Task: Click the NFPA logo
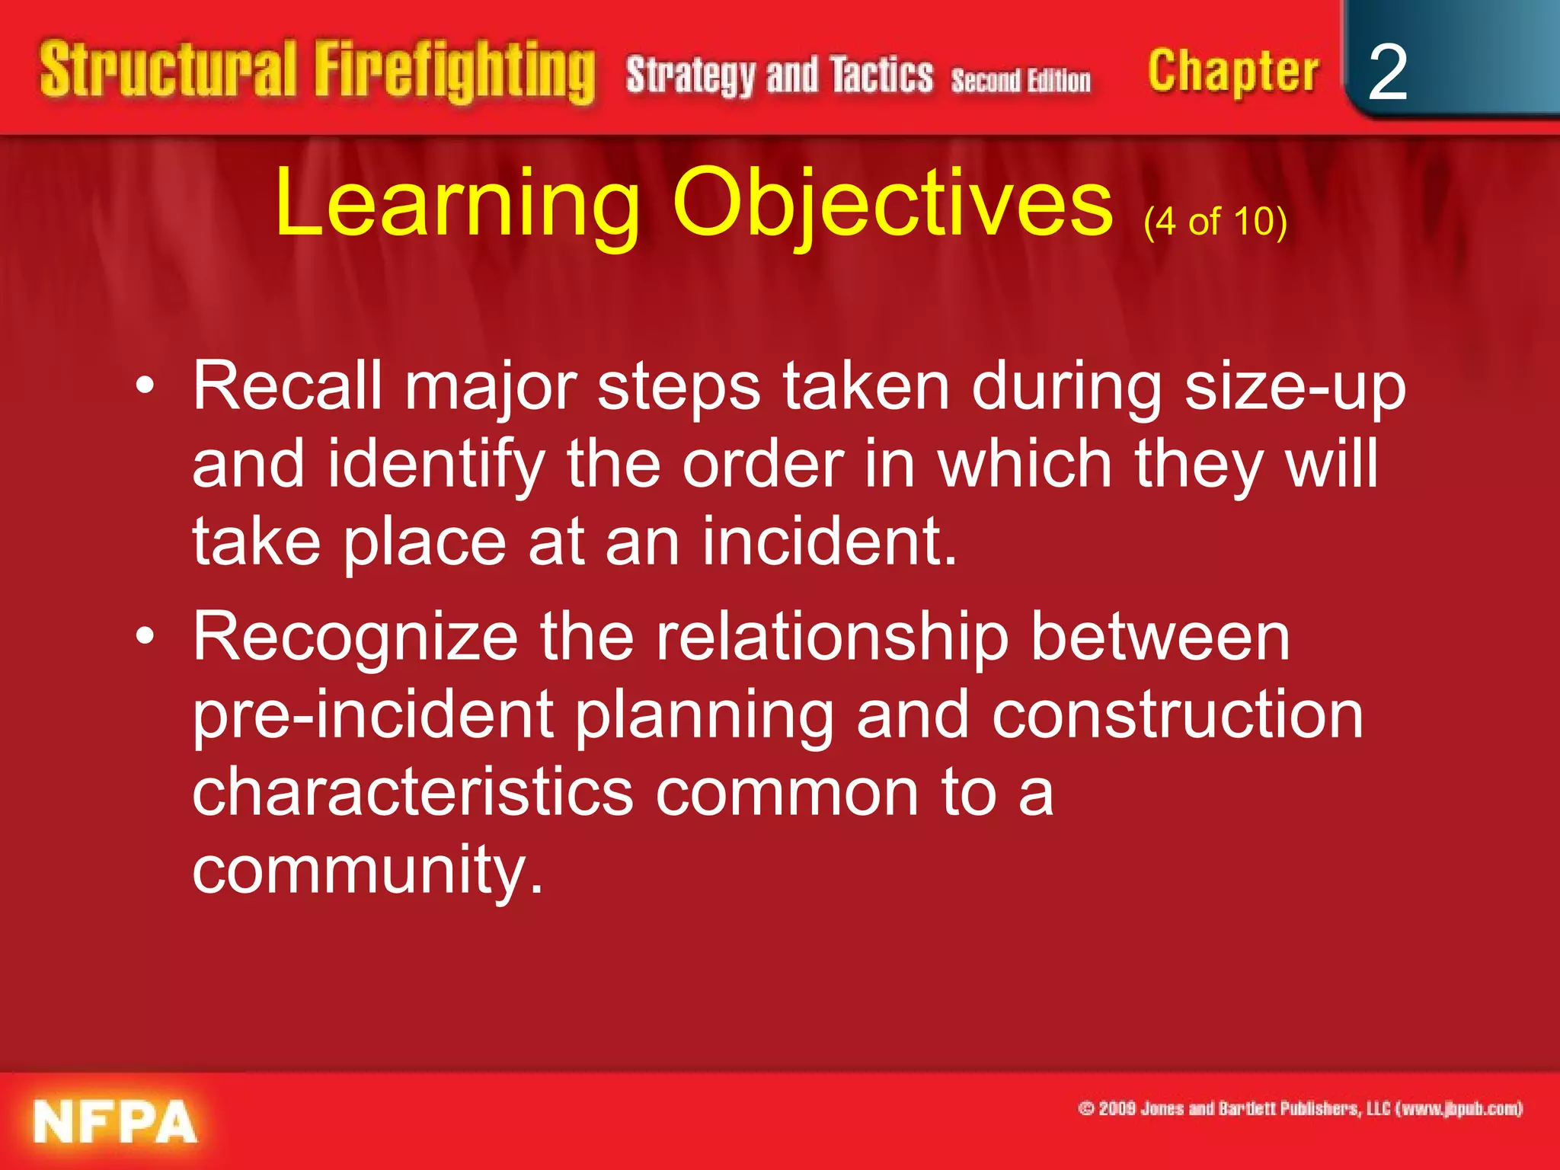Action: tap(114, 1121)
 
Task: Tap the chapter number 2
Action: tap(1387, 72)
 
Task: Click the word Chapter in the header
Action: tap(1232, 72)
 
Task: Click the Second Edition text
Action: tap(1021, 80)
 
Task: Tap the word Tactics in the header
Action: tap(881, 75)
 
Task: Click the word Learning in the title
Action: tap(457, 204)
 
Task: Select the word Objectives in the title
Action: tap(893, 204)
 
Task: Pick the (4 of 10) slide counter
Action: tap(1215, 222)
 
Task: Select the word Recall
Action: tap(287, 387)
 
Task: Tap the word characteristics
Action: tap(412, 792)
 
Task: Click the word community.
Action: tap(368, 870)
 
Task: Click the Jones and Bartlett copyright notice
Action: tap(1300, 1109)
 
